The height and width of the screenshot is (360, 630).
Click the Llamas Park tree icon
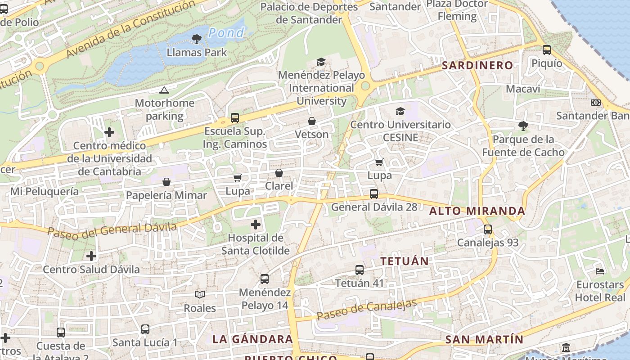197,40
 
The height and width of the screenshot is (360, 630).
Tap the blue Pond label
226,33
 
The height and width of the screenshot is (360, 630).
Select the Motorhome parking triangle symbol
164,90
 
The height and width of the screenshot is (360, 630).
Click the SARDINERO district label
477,65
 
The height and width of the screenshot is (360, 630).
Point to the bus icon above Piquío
547,50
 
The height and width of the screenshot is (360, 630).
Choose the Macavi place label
523,89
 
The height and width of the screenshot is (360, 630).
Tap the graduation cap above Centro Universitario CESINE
400,111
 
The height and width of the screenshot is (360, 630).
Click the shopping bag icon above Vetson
311,121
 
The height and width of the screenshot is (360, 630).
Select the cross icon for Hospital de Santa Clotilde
256,224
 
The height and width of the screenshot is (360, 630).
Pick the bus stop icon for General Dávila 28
374,194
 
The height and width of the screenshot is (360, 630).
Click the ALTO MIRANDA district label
477,211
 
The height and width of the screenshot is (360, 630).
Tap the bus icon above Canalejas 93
488,229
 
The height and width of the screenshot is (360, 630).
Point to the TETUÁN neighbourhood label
405,261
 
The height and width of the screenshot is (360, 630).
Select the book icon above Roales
200,294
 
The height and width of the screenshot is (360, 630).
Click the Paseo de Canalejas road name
366,310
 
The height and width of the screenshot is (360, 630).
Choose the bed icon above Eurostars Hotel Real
600,271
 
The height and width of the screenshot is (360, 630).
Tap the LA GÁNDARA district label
252,339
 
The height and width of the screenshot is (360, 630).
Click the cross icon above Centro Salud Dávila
91,256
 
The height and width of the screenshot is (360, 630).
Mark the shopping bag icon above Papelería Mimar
166,182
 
